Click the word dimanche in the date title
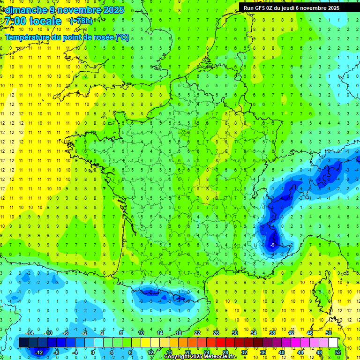coord(26,10)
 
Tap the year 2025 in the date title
coord(113,10)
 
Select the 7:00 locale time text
coord(32,21)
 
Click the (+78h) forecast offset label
coord(81,21)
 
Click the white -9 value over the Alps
coord(272,245)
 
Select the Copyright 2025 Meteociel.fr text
coord(200,357)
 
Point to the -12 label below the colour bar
coord(39,352)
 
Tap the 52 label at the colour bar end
coord(338,352)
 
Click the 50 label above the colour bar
coord(329,332)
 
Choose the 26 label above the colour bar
coord(216,332)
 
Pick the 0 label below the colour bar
coord(93,352)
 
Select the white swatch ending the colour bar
coord(333,343)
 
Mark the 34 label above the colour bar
coord(254,332)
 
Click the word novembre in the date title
coord(75,10)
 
